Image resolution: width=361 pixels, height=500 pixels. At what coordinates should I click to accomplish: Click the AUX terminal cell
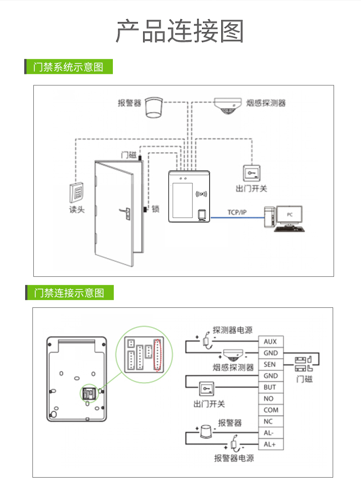[271, 342]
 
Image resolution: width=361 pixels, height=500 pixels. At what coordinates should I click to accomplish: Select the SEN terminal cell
[271, 364]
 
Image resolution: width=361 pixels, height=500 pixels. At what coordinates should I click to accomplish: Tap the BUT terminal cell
[271, 387]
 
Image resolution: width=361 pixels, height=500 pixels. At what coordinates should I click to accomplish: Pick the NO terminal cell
[271, 399]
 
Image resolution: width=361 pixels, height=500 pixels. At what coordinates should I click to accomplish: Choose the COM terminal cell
[271, 410]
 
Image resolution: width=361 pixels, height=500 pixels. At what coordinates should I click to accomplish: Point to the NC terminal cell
[271, 421]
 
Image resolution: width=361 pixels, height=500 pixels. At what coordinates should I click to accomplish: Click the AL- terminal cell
[271, 433]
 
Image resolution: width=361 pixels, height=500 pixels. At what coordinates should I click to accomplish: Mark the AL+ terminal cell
[271, 444]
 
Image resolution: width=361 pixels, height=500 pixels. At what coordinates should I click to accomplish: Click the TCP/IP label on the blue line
[237, 212]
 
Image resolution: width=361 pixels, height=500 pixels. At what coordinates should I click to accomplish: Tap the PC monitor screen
[291, 214]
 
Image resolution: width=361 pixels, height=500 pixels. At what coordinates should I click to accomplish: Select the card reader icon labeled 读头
[76, 192]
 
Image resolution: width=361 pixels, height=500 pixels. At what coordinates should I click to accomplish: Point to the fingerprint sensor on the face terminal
[202, 215]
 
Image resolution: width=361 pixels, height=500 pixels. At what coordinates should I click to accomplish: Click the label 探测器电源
[233, 330]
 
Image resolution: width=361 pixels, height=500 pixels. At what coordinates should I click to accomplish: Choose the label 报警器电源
[234, 458]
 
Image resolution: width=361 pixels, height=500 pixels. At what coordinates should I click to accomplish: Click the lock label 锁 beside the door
[155, 209]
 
